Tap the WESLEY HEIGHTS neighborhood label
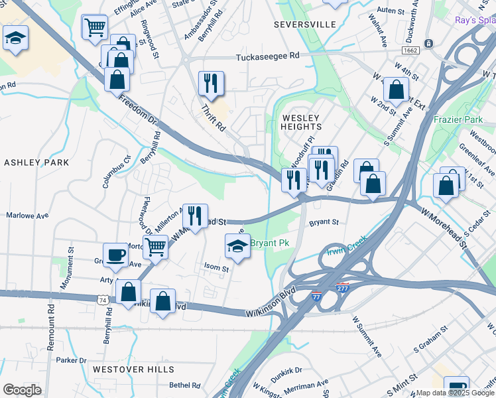pyautogui.click(x=302, y=121)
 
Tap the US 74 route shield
pyautogui.click(x=103, y=300)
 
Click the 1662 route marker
pyautogui.click(x=410, y=50)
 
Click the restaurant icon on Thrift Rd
pyautogui.click(x=211, y=84)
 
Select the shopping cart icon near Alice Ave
pyautogui.click(x=94, y=27)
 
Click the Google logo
pyautogui.click(x=22, y=390)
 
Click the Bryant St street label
pyautogui.click(x=324, y=222)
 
